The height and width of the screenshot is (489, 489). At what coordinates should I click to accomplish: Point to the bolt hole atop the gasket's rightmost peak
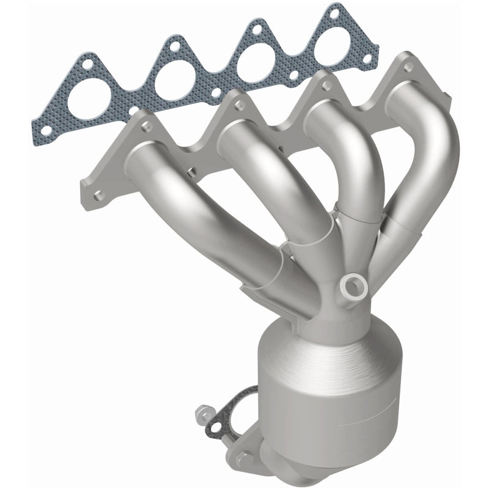[333, 10]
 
